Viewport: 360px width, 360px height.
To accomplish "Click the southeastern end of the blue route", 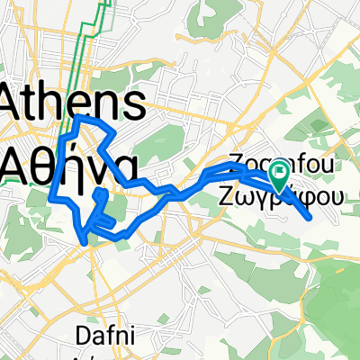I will tap(310, 217).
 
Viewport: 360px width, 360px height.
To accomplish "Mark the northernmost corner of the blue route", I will tap(78, 118).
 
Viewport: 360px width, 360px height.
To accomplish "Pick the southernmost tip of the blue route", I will tap(86, 242).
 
